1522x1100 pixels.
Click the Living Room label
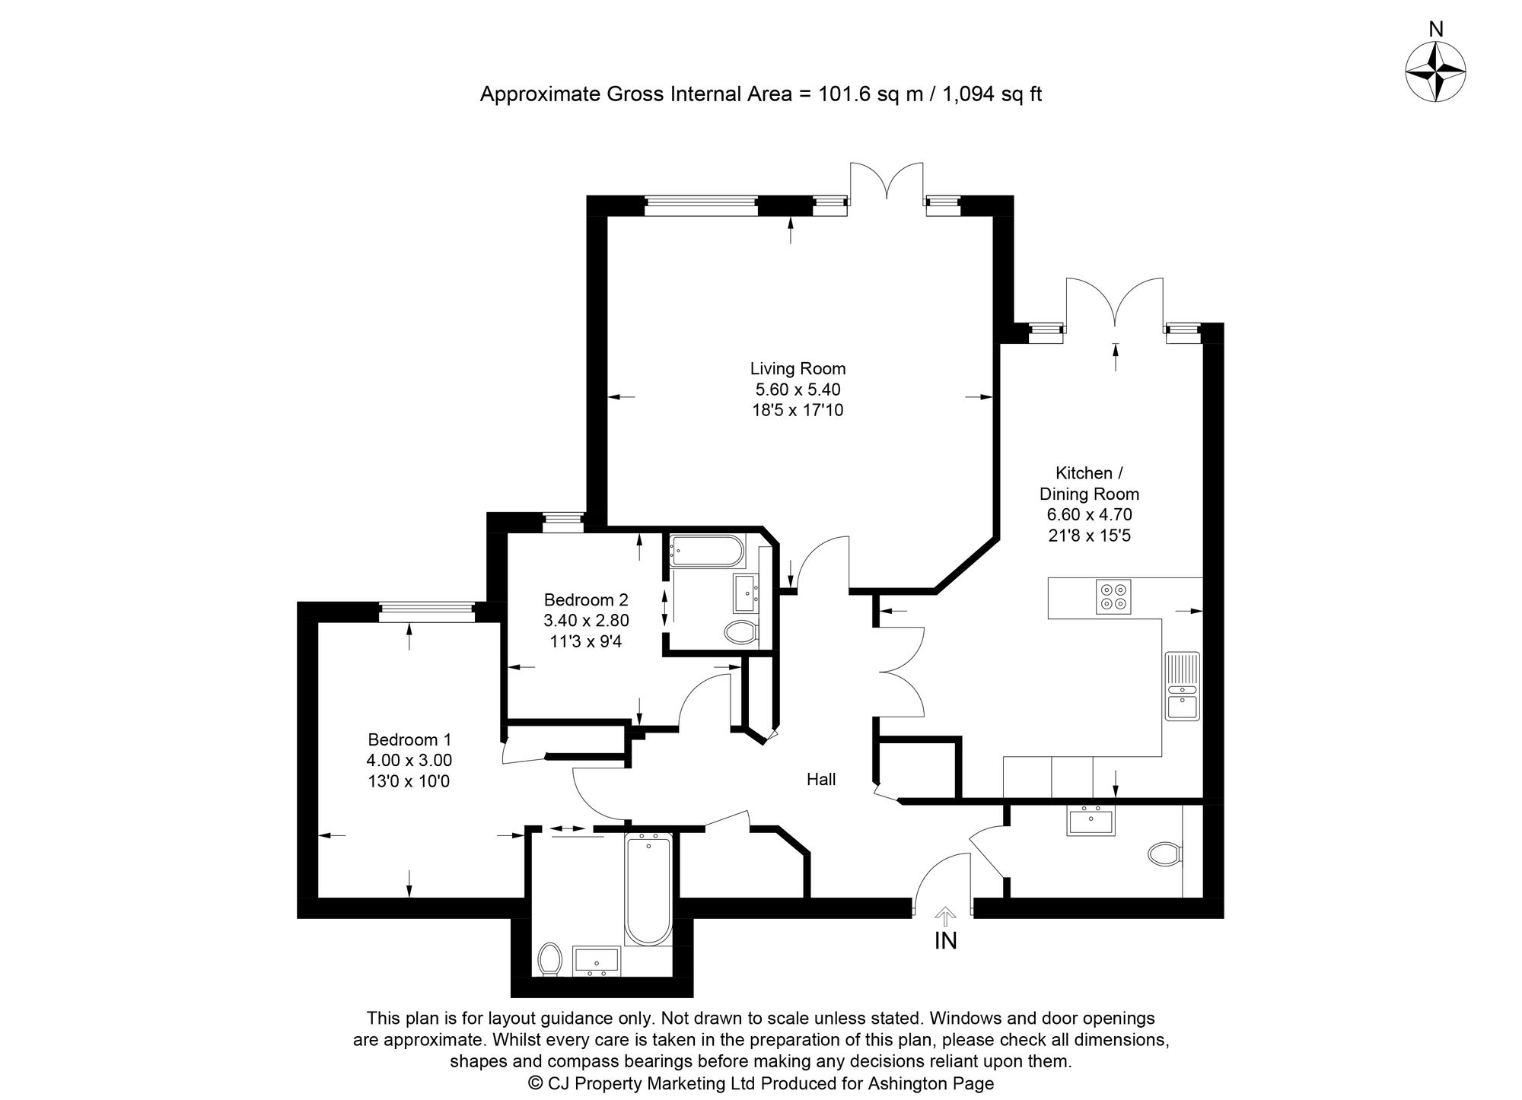coord(798,369)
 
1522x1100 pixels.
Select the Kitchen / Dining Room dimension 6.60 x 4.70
coord(1089,515)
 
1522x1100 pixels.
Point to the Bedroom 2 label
coord(586,599)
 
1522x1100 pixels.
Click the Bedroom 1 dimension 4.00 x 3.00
coord(409,760)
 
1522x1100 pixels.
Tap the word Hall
coord(821,779)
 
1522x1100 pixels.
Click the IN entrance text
coord(945,941)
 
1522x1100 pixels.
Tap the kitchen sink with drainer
coord(1183,685)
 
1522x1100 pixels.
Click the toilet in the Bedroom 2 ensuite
coord(740,631)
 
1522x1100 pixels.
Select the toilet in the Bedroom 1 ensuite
coord(549,959)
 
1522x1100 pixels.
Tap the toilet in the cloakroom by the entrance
coord(1165,854)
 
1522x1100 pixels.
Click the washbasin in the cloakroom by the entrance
coord(1091,822)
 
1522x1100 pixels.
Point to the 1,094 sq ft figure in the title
coord(992,94)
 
